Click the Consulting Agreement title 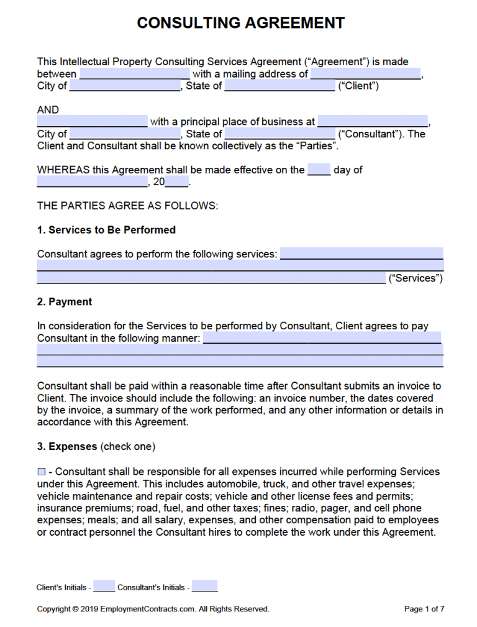point(240,24)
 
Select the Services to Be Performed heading point(106,230)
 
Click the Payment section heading point(64,302)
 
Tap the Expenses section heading point(67,446)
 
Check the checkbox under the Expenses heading point(42,472)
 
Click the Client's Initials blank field point(104,586)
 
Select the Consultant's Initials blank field point(204,586)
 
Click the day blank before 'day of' point(319,170)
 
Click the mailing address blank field point(365,74)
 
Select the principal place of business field point(373,122)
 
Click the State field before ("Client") point(279,86)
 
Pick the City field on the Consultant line point(125,134)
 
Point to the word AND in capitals point(48,110)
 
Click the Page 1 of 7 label point(424,609)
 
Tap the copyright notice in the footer point(153,609)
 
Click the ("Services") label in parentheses point(416,278)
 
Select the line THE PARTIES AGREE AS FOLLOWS point(127,206)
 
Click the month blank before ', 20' point(92,182)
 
